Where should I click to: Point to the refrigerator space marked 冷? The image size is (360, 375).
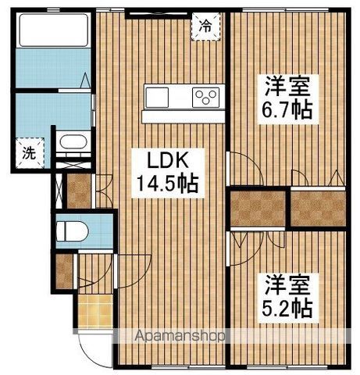point(205,26)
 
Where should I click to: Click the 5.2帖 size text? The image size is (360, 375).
point(287,308)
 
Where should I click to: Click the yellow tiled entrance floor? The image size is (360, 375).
point(95,313)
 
